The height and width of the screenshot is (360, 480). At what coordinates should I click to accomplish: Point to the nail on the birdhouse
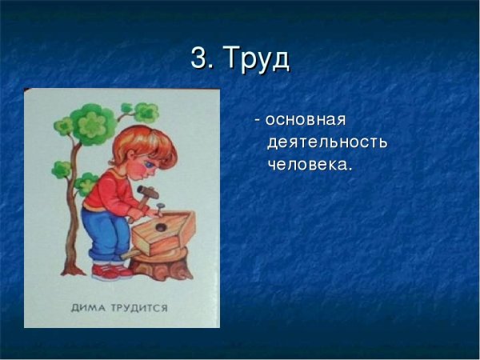point(161,208)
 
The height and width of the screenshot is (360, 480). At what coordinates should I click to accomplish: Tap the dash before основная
point(257,120)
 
